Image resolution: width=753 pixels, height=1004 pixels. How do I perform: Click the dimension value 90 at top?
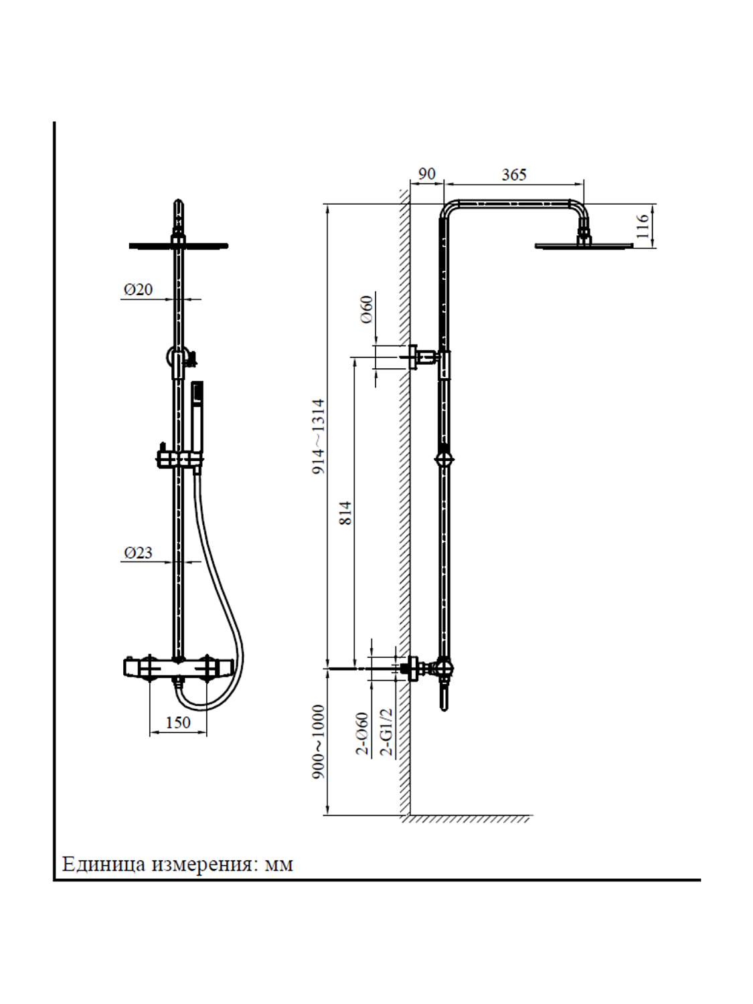[x=426, y=174]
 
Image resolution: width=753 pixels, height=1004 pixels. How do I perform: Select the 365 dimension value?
[x=514, y=175]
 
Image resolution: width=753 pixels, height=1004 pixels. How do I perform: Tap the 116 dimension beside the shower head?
[x=643, y=227]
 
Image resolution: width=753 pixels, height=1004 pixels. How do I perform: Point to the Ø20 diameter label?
[x=138, y=290]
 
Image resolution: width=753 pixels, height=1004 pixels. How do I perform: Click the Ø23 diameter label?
[x=138, y=553]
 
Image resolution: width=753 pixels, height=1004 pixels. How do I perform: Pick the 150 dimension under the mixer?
[x=178, y=722]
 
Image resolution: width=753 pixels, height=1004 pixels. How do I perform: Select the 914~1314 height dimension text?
[x=319, y=436]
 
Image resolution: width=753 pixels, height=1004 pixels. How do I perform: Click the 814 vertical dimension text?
[x=345, y=513]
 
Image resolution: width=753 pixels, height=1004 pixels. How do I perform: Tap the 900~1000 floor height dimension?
[x=319, y=741]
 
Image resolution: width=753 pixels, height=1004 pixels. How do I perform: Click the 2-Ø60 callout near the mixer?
[x=362, y=734]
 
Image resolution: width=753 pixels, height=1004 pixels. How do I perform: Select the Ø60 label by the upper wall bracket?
[x=367, y=310]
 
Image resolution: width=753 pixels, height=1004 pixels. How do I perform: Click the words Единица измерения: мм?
[x=177, y=864]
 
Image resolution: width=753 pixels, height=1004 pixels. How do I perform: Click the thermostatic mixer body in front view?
[x=178, y=668]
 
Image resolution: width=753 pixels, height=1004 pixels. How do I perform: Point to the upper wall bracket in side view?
[x=423, y=357]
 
